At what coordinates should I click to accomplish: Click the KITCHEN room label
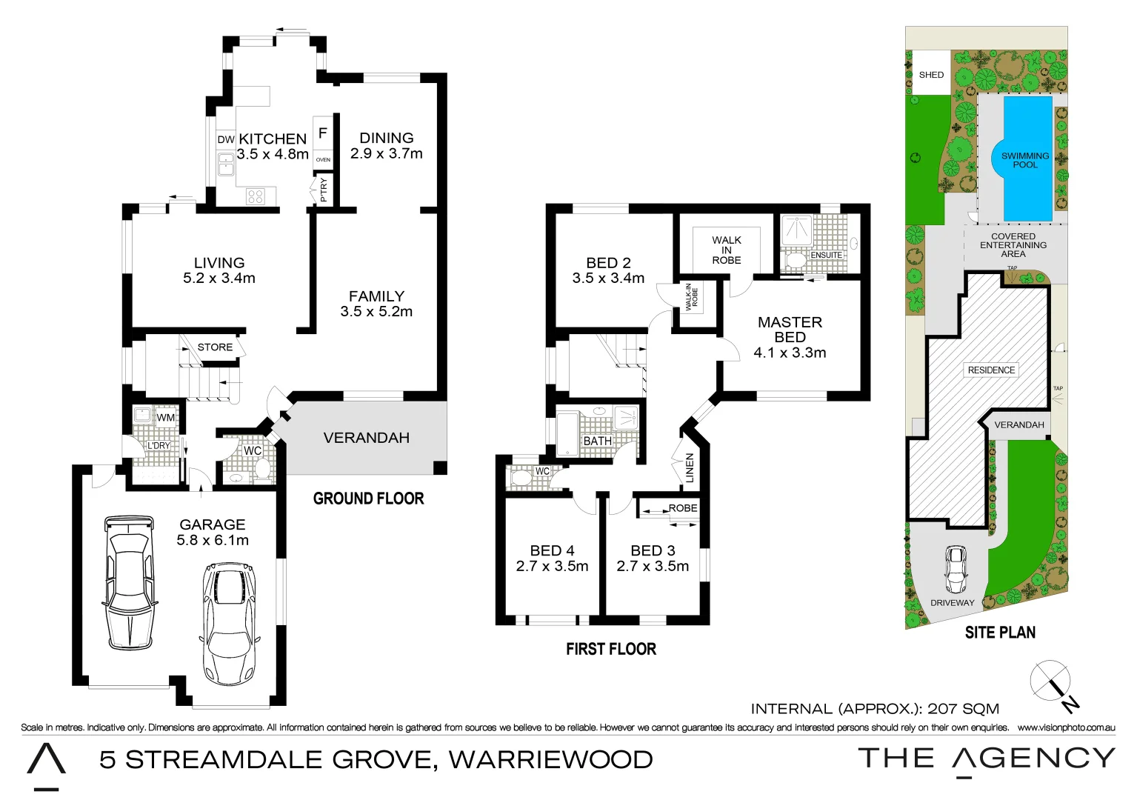[x=272, y=139]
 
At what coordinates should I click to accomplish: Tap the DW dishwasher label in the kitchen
[x=226, y=139]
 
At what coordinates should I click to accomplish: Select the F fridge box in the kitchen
[x=322, y=133]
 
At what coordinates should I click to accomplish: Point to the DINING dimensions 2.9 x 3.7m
[x=386, y=154]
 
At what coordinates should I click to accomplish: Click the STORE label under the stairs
[x=215, y=347]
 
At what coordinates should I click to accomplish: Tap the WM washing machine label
[x=166, y=418]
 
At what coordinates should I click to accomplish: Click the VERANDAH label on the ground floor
[x=366, y=438]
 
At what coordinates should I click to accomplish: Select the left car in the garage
[x=129, y=582]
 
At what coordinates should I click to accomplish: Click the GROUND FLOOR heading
[x=368, y=499]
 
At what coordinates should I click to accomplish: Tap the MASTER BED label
[x=790, y=330]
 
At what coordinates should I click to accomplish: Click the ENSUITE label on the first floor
[x=826, y=255]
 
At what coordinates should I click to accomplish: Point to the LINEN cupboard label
[x=690, y=468]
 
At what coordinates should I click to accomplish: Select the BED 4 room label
[x=552, y=550]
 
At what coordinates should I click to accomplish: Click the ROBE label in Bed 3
[x=682, y=508]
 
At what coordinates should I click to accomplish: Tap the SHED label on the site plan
[x=931, y=75]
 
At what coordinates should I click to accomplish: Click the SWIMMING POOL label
[x=1025, y=160]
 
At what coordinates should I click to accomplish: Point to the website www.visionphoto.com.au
[x=1066, y=727]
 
